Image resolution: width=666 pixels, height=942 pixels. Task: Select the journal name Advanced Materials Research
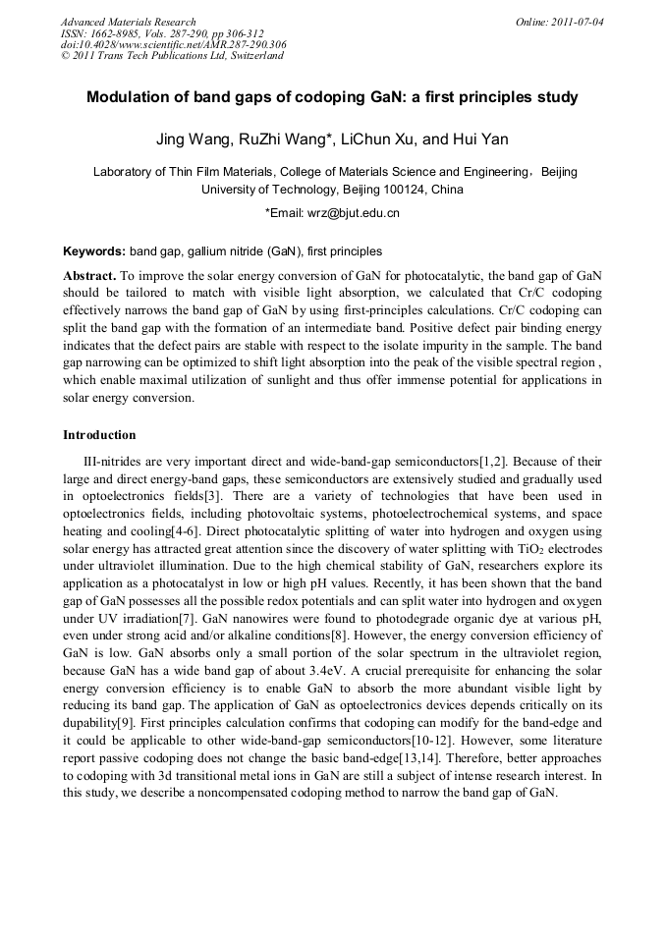click(x=128, y=22)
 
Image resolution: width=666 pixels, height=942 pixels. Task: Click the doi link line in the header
click(x=173, y=44)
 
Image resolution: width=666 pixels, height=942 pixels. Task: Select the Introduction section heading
click(x=99, y=435)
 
